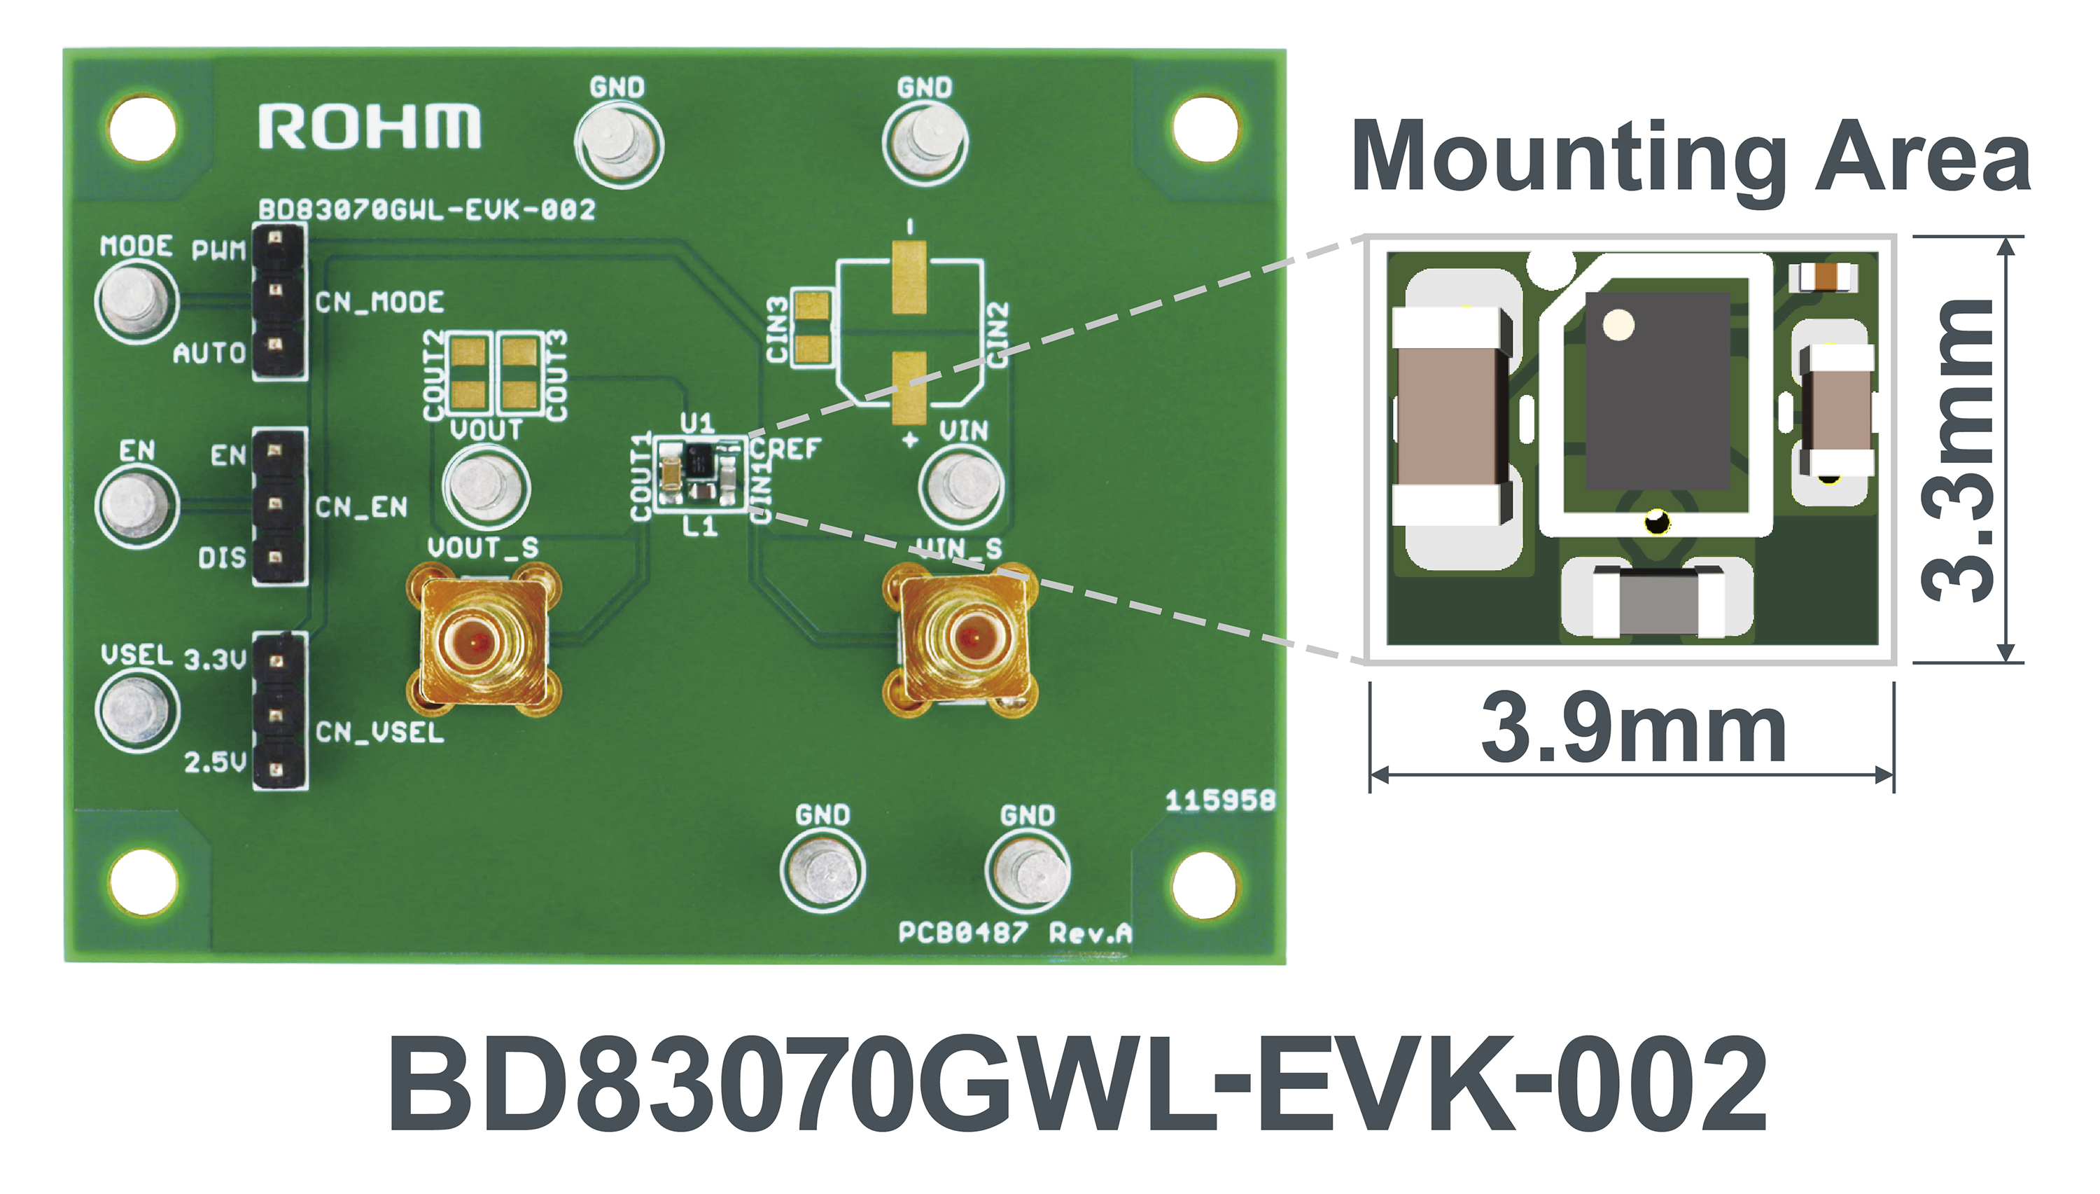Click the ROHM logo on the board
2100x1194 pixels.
tap(370, 127)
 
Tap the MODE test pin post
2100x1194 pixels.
tap(137, 301)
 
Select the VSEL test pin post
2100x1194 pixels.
tap(137, 710)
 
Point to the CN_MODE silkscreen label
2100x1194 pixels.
tap(379, 303)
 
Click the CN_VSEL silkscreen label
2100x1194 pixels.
tap(379, 732)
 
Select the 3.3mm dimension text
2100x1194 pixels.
tap(1957, 450)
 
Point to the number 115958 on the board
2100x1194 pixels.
tap(1221, 800)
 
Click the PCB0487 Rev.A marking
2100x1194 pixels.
tap(1015, 932)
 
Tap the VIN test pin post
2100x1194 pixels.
tap(960, 485)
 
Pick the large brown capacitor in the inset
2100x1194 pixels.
tap(1452, 417)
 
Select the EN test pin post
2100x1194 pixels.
tap(137, 504)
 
